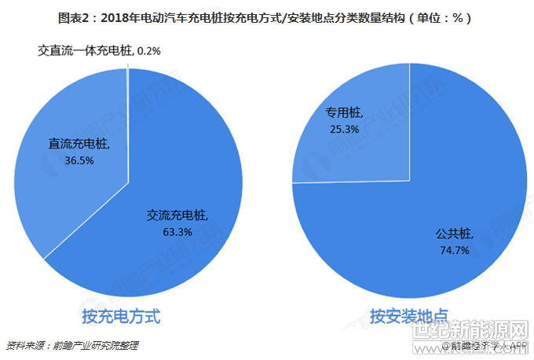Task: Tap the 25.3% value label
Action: click(x=345, y=128)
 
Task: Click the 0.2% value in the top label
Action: click(x=148, y=51)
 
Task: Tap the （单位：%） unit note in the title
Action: click(x=441, y=17)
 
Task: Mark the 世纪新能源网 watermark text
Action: click(x=470, y=331)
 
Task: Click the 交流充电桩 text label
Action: click(x=177, y=216)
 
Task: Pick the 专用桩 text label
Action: click(x=343, y=113)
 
